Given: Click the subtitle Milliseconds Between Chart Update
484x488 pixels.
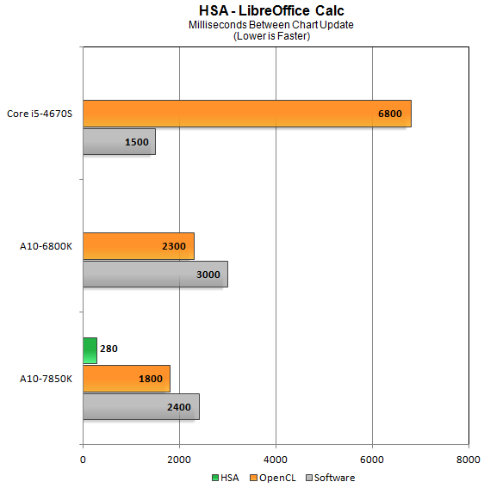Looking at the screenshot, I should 271,24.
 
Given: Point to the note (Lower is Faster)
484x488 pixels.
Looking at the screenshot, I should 271,35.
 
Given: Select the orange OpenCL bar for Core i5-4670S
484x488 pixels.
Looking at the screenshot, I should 246,114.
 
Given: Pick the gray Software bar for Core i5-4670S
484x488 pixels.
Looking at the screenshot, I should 119,141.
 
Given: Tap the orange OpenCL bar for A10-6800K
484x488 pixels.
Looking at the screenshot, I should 138,246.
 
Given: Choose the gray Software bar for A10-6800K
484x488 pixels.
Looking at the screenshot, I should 155,275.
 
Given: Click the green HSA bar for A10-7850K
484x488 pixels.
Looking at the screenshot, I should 90,350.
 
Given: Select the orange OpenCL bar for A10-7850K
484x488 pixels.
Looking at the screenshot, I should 126,379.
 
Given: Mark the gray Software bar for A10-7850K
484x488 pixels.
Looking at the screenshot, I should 140,407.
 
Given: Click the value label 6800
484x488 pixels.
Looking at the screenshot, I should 390,114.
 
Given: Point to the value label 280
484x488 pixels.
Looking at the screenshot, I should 109,349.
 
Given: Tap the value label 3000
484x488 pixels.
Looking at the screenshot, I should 208,275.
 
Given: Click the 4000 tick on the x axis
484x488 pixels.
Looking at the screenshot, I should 276,458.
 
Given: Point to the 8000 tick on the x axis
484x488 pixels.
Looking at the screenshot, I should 468,458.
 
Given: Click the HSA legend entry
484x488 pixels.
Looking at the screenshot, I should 226,477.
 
